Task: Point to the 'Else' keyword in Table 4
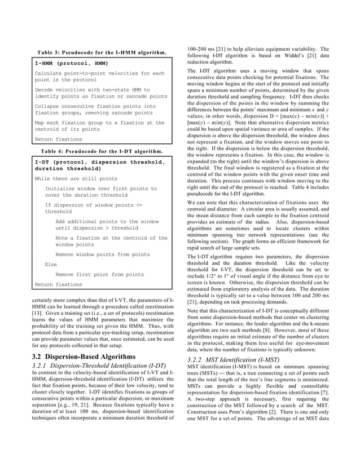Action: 51,264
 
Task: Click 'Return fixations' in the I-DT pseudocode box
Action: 58,284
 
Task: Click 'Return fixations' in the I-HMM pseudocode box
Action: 58,139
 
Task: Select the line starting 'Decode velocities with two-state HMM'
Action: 93,90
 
